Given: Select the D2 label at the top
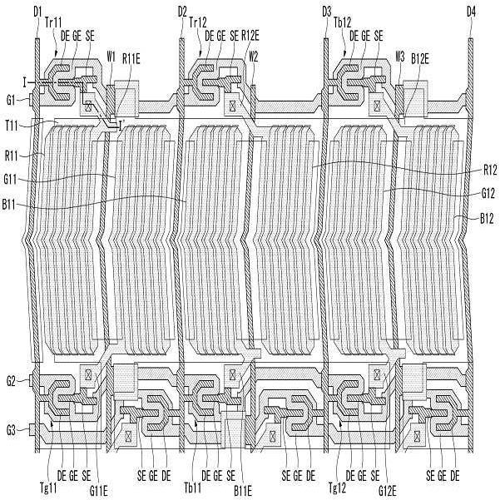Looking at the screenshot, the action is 182,11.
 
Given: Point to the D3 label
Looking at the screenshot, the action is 327,11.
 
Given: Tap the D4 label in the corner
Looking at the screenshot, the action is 471,11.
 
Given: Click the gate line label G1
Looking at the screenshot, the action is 11,100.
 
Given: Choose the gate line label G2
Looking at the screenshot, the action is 11,381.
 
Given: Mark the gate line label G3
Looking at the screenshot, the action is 11,429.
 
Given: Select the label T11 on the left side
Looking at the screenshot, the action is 12,123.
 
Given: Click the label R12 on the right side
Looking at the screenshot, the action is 489,169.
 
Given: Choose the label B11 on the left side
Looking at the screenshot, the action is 12,202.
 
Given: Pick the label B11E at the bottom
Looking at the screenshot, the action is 242,489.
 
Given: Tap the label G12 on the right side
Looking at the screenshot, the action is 489,193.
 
